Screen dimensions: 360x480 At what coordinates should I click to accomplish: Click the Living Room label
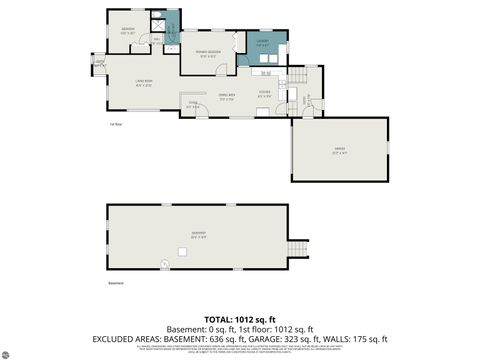pos(145,83)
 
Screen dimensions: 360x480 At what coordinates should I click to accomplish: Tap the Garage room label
pos(339,150)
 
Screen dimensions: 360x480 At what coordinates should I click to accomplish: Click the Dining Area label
pos(226,97)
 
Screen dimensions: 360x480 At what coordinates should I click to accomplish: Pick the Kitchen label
pos(264,94)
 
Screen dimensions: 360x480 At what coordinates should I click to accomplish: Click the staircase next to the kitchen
pos(297,79)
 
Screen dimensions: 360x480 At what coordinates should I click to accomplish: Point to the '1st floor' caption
pos(116,125)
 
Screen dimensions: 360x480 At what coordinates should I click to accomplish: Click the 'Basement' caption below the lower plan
pos(116,284)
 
